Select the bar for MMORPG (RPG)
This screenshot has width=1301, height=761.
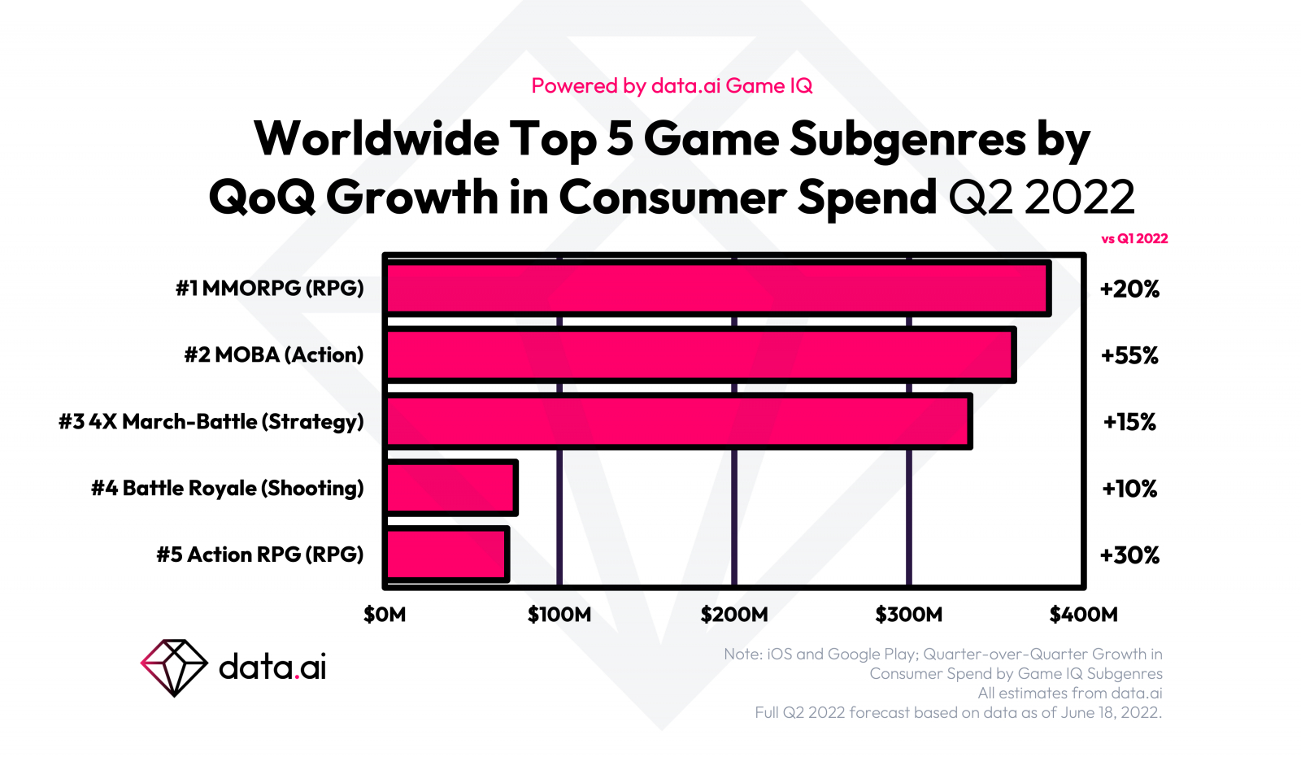click(x=717, y=288)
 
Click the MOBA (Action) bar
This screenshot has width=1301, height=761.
click(x=700, y=354)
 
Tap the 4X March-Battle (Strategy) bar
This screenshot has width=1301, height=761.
click(x=678, y=421)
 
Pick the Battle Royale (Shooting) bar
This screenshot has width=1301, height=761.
click(x=451, y=488)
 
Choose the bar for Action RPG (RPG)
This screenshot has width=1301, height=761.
click(x=447, y=554)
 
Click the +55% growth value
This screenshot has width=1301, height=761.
click(x=1129, y=355)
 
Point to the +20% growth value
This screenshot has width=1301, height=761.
click(x=1129, y=289)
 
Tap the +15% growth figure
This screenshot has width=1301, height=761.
click(x=1129, y=422)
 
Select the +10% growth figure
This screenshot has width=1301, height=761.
click(x=1129, y=489)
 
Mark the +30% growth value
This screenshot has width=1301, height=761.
click(x=1129, y=555)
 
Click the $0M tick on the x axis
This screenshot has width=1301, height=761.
click(x=385, y=615)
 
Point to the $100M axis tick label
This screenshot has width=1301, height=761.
click(x=559, y=615)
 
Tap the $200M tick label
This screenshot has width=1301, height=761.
click(x=734, y=615)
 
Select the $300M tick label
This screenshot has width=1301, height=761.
click(x=909, y=615)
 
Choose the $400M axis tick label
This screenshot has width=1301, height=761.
click(x=1083, y=615)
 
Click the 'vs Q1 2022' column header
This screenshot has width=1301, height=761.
click(x=1134, y=238)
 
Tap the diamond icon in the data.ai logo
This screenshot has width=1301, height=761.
click(x=174, y=668)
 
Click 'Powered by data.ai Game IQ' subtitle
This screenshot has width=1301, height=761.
click(x=672, y=85)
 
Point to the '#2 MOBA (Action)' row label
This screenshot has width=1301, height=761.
click(x=273, y=354)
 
